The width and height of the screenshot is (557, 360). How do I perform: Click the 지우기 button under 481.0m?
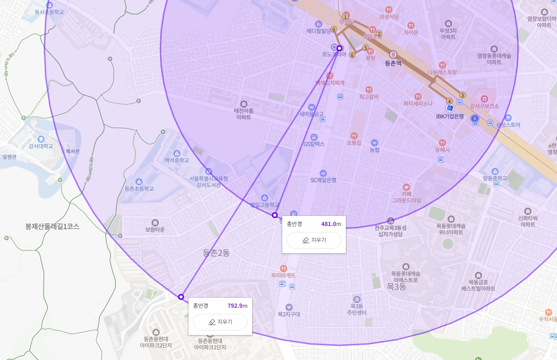pos(314,240)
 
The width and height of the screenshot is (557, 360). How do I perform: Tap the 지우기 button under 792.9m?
pos(220,322)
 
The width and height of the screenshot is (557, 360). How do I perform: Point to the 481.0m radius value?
pos(331,224)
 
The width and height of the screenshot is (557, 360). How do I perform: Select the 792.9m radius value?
pos(237,306)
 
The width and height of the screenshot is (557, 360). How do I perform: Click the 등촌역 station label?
pos(393,63)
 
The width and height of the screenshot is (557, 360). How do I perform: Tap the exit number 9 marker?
pos(393,54)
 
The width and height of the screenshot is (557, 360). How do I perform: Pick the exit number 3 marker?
pos(462,95)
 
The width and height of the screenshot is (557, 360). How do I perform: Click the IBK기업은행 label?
pos(456,116)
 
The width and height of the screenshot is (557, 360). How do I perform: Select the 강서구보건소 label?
pos(484,106)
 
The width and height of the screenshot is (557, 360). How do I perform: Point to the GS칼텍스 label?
pos(314,144)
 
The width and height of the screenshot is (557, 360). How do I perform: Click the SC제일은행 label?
pos(323,180)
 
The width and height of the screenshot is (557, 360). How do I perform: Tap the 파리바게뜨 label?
pos(283,275)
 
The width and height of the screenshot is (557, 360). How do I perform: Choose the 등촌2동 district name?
pos(216,253)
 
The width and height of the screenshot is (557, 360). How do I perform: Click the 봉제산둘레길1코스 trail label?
pos(52,226)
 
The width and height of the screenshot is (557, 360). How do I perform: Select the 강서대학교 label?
pos(41,146)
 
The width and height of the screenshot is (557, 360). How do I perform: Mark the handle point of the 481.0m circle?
pos(275,215)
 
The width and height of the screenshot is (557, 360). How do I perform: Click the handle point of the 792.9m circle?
pos(181,297)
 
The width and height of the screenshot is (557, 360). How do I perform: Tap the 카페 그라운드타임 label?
pos(406,197)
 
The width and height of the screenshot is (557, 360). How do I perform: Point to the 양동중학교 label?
pos(495,178)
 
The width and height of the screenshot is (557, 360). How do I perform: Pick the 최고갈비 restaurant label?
pos(369,97)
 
